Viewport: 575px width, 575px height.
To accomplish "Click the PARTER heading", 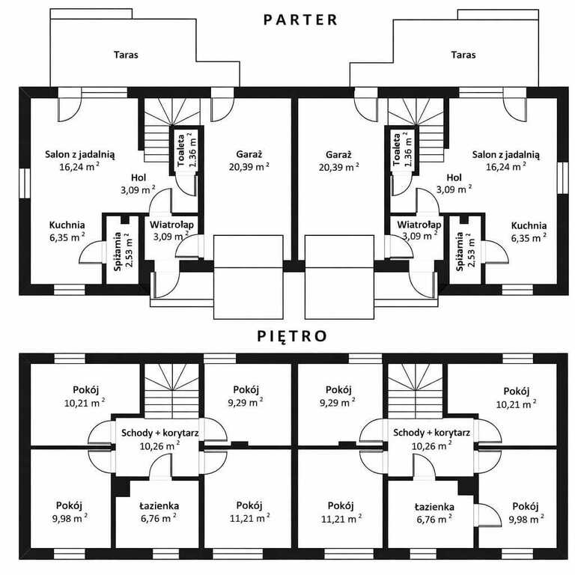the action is [300, 19].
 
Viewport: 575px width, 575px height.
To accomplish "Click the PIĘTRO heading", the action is [292, 335].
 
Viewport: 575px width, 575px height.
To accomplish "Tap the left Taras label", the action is [126, 55].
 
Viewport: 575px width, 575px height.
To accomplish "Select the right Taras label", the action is [463, 55].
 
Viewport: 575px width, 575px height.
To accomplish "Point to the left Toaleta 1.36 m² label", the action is [186, 150].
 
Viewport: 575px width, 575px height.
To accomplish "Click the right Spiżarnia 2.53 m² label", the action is [466, 252].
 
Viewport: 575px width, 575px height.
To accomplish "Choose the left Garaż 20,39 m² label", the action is [249, 160].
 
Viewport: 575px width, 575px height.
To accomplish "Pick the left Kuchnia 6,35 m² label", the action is [67, 231].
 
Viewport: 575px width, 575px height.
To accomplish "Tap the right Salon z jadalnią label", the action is [506, 154].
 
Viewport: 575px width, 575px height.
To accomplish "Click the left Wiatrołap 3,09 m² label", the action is [171, 230].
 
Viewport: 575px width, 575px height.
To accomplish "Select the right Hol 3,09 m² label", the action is [454, 183].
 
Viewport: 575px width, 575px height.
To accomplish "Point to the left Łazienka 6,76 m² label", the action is [159, 512].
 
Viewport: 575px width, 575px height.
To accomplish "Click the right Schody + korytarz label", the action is [431, 433].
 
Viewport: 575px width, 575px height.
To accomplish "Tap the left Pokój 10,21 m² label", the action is [85, 396].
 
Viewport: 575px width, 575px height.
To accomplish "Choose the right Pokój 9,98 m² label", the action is [526, 512].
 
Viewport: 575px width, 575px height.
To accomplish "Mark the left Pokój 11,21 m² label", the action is [249, 511].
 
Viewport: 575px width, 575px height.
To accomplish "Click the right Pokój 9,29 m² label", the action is [338, 395].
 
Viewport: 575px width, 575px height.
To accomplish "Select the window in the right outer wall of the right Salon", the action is [562, 178].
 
